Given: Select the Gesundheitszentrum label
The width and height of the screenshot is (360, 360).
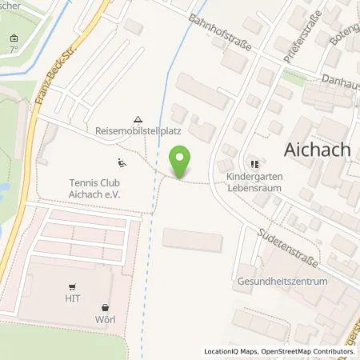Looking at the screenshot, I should (283, 282).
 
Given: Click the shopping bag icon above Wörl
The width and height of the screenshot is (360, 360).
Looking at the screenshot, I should (105, 307).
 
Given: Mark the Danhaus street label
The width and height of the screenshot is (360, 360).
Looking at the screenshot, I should (341, 80).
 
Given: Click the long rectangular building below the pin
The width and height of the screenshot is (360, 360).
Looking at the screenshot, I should (193, 238).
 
